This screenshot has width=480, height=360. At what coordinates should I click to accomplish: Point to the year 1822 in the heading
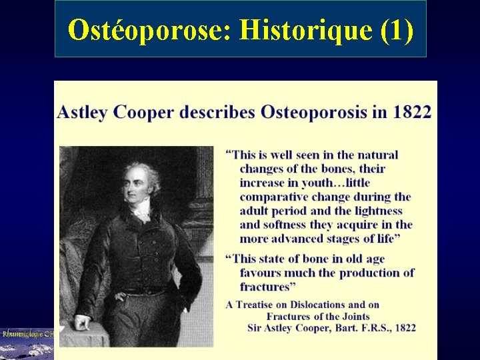click(412, 111)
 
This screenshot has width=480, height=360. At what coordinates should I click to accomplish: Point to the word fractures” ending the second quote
click(268, 287)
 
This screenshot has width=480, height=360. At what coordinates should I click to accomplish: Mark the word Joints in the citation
click(353, 316)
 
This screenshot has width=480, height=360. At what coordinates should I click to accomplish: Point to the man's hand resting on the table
click(81, 323)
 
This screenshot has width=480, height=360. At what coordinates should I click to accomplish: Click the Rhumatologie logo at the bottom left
click(27, 333)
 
